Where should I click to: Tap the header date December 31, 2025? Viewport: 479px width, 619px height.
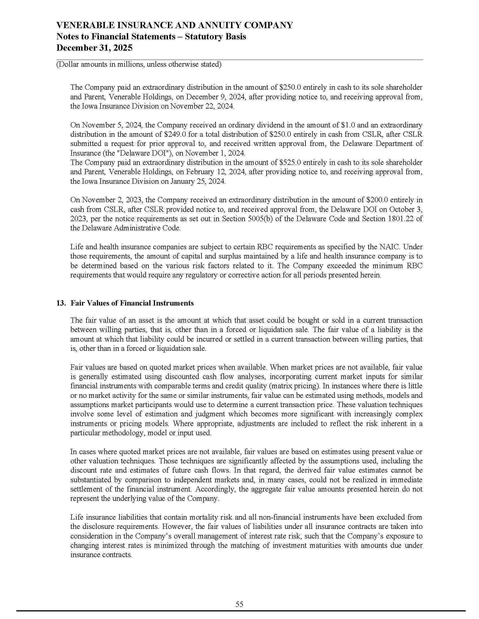(x=94, y=48)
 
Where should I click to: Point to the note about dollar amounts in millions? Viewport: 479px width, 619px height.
(x=139, y=65)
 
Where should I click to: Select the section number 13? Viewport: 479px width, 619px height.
(x=61, y=303)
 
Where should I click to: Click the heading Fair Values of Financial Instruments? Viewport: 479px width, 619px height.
(x=132, y=303)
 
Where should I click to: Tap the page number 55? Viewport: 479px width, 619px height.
(x=239, y=604)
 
